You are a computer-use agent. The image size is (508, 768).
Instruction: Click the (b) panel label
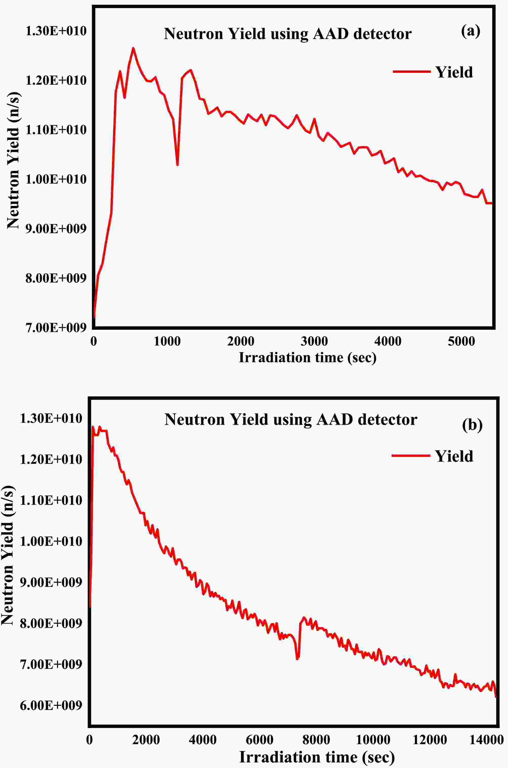click(472, 425)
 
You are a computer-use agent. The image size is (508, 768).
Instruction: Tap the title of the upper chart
click(288, 34)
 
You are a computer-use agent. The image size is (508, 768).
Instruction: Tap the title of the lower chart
click(291, 419)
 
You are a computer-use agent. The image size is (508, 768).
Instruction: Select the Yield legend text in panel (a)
click(454, 72)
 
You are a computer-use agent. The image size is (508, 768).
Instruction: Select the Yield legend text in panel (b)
click(454, 456)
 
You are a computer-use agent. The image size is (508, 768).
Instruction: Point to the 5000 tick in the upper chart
click(461, 341)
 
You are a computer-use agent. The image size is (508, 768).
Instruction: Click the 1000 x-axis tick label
click(167, 341)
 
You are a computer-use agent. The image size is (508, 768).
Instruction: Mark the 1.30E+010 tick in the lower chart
click(51, 418)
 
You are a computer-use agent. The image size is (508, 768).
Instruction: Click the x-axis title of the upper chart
click(307, 357)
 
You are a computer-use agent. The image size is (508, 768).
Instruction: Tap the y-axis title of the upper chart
click(14, 160)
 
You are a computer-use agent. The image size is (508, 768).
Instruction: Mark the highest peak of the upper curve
click(133, 48)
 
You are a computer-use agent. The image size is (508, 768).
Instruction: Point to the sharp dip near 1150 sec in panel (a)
click(177, 165)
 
